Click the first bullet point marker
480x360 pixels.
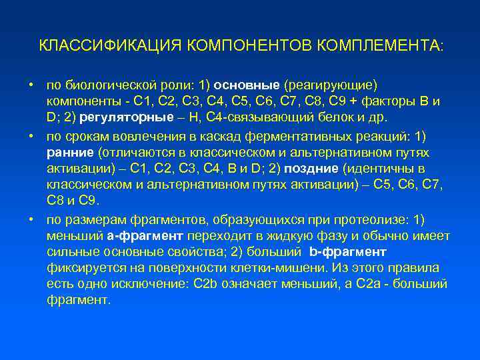31,85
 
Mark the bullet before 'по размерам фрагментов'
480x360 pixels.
31,220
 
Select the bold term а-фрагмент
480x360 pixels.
146,236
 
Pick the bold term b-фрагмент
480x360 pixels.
348,252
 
